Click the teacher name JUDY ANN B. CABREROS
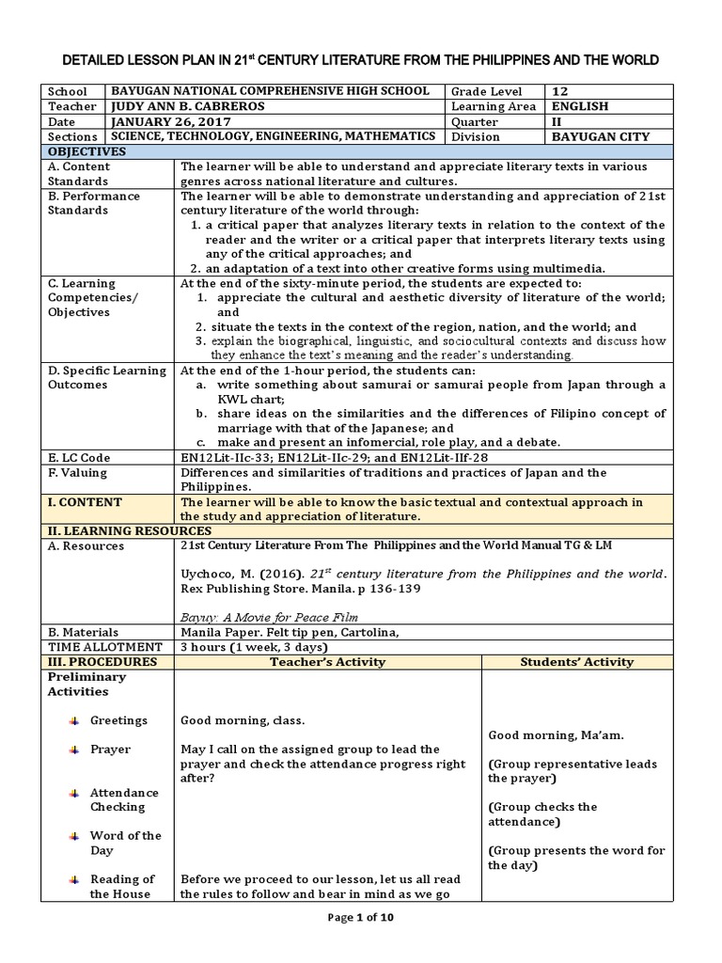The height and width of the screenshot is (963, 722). pyautogui.click(x=187, y=106)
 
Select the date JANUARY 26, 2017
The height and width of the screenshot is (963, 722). pyautogui.click(x=165, y=121)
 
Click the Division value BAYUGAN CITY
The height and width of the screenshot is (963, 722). pyautogui.click(x=599, y=136)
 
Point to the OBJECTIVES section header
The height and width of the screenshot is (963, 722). pyautogui.click(x=86, y=151)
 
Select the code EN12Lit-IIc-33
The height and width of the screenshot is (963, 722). pyautogui.click(x=224, y=458)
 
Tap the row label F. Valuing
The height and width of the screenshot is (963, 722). pyautogui.click(x=77, y=473)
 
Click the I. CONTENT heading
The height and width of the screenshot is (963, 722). pyautogui.click(x=85, y=502)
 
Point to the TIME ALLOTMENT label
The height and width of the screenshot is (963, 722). pyautogui.click(x=105, y=647)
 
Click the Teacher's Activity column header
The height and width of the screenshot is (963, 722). pyautogui.click(x=328, y=662)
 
